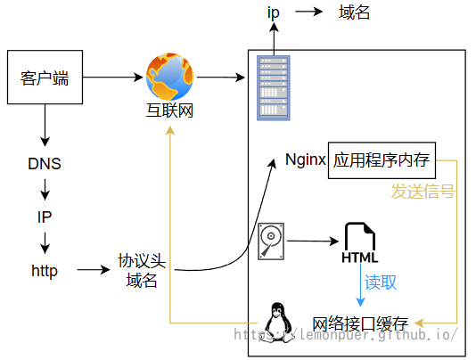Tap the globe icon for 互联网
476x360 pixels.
(x=169, y=78)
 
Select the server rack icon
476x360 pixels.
(x=274, y=87)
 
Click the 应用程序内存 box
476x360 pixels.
(x=382, y=160)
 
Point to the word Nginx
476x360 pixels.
(x=305, y=160)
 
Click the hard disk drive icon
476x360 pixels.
(x=272, y=241)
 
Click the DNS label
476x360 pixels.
(x=45, y=164)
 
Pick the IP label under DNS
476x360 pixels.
(x=45, y=217)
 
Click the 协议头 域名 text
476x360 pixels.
(x=141, y=271)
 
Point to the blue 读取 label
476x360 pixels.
(x=381, y=282)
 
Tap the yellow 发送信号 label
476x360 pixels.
(x=423, y=192)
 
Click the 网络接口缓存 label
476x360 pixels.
(x=360, y=323)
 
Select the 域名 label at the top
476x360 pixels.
(x=354, y=12)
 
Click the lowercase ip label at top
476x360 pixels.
(x=274, y=12)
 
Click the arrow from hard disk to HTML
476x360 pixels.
(x=314, y=241)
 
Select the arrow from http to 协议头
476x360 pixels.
(x=91, y=268)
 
